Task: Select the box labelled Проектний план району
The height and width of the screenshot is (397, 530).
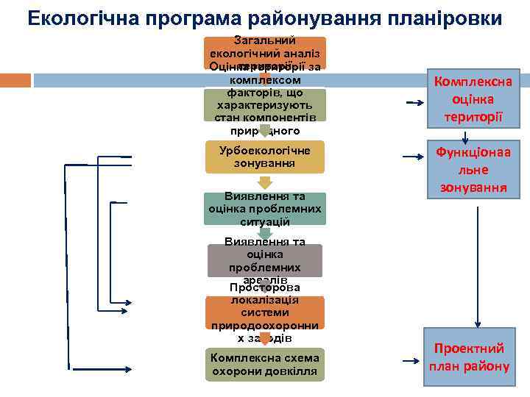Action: point(470,357)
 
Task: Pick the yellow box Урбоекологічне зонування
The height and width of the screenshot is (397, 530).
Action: point(265,156)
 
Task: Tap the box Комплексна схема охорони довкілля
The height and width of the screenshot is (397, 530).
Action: point(264,365)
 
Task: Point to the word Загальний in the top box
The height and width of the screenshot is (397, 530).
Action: point(264,40)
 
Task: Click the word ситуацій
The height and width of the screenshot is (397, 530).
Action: point(265,221)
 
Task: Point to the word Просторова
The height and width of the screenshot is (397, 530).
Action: point(265,287)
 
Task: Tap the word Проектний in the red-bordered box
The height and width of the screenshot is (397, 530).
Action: point(470,348)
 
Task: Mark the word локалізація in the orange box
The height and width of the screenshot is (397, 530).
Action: point(265,300)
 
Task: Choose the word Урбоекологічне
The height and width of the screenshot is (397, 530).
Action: point(265,150)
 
